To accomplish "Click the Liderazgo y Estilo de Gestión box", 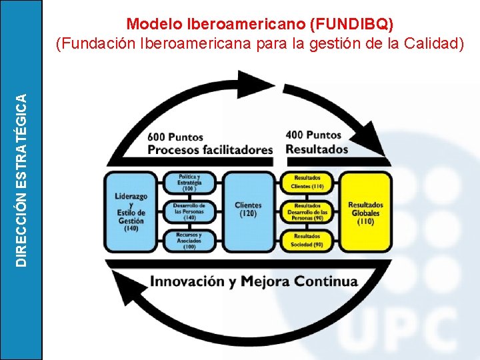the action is tap(130, 211).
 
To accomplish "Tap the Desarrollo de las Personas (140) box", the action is tap(189, 211).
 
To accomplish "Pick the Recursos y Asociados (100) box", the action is tap(189, 240).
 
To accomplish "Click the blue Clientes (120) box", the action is tap(249, 211).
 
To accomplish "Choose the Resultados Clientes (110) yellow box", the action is tap(307, 182).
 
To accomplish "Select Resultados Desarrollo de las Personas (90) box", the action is tap(307, 211).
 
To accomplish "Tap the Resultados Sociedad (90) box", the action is tap(307, 240).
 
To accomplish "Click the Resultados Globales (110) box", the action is tap(366, 211).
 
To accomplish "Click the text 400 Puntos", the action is tap(313, 135).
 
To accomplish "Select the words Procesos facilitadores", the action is tap(211, 150).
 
